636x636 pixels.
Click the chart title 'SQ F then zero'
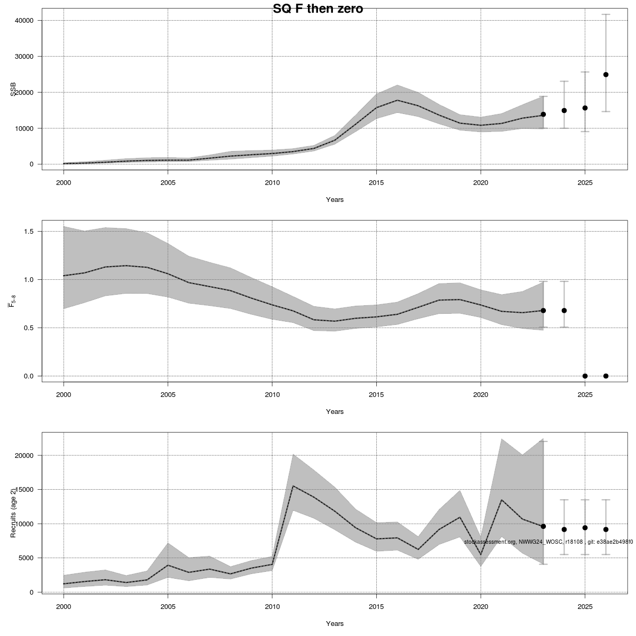[x=317, y=9]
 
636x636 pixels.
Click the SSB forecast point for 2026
[x=606, y=75]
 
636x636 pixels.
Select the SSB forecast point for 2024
[x=564, y=110]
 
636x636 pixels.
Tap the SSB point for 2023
[x=543, y=114]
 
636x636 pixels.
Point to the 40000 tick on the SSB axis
[x=24, y=21]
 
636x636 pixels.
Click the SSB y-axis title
[x=13, y=89]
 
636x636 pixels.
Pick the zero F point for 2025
[x=585, y=376]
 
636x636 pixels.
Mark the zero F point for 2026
[x=606, y=376]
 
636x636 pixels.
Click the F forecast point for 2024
[x=564, y=311]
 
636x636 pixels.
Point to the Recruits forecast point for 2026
[x=606, y=529]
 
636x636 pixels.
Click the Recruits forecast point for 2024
[x=564, y=529]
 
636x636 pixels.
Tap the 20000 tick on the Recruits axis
[x=24, y=456]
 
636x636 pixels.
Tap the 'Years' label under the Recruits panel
[x=334, y=624]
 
